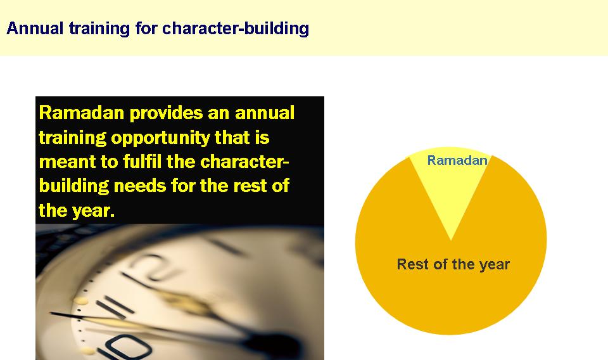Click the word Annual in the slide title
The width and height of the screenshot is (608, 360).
[x=35, y=29]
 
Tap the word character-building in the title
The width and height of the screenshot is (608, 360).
[x=236, y=29]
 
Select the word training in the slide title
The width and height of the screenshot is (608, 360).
[x=99, y=29]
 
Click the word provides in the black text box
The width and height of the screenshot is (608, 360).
[x=166, y=113]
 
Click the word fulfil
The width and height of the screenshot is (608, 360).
[x=141, y=162]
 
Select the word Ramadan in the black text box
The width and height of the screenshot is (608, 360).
[x=82, y=113]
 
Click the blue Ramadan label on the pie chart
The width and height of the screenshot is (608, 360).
[x=457, y=160]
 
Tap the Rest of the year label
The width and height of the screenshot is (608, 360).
[x=453, y=264]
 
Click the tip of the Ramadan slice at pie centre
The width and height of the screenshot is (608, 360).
[x=451, y=240]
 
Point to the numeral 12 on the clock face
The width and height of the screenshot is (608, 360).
[x=152, y=267]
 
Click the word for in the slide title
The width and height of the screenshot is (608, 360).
[x=146, y=29]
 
